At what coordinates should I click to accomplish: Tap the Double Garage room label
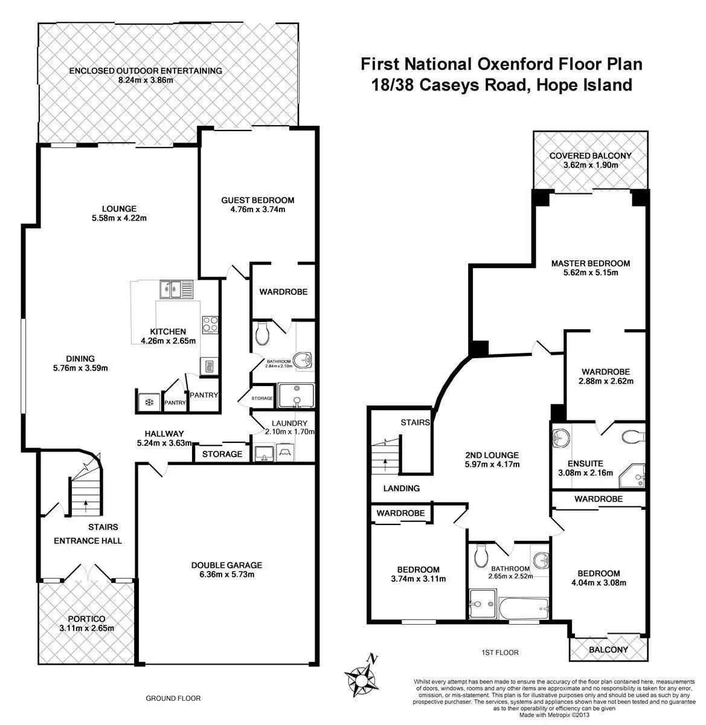[x=226, y=565]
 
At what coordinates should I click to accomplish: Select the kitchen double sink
[x=175, y=290]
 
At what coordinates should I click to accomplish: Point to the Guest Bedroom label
[x=257, y=200]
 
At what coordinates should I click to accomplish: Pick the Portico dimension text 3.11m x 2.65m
[x=87, y=628]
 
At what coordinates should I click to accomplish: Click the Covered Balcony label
[x=590, y=156]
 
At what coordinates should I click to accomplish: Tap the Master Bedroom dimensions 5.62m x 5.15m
[x=590, y=272]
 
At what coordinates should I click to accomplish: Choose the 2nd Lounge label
[x=492, y=455]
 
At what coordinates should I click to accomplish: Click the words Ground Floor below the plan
[x=173, y=698]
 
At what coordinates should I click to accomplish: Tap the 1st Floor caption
[x=499, y=652]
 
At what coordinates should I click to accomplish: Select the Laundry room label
[x=289, y=423]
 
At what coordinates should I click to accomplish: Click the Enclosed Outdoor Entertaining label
[x=146, y=71]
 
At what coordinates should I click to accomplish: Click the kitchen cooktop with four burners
[x=210, y=324]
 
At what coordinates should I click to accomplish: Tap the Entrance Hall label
[x=88, y=540]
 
